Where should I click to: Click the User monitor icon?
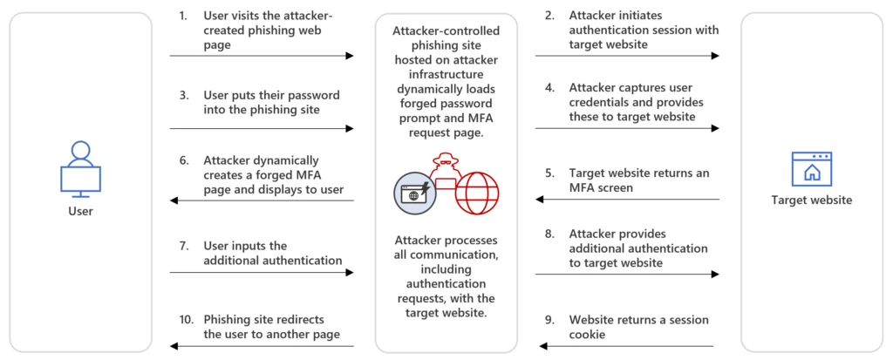pyautogui.click(x=80, y=168)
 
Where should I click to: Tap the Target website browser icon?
pyautogui.click(x=811, y=168)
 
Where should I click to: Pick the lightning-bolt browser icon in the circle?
pyautogui.click(x=415, y=193)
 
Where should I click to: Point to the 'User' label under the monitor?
pyautogui.click(x=80, y=211)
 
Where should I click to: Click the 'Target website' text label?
pyautogui.click(x=811, y=200)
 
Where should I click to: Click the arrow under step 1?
pyautogui.click(x=262, y=56)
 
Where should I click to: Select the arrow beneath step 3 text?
pyautogui.click(x=262, y=128)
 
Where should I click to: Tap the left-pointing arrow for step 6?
pyautogui.click(x=262, y=200)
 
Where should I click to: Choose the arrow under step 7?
pyautogui.click(x=262, y=273)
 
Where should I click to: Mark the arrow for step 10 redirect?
pyautogui.click(x=262, y=346)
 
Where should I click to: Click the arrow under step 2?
pyautogui.click(x=627, y=56)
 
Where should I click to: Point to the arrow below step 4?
pyautogui.click(x=627, y=128)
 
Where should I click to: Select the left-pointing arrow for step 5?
pyautogui.click(x=627, y=200)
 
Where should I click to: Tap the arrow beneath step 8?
pyautogui.click(x=627, y=273)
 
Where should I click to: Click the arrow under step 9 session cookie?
pyautogui.click(x=627, y=346)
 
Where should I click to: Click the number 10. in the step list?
pyautogui.click(x=186, y=320)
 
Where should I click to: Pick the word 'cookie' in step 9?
pyautogui.click(x=588, y=334)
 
